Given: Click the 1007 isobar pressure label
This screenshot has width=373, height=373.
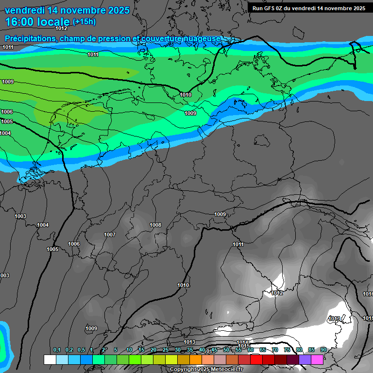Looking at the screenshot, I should (x=110, y=235).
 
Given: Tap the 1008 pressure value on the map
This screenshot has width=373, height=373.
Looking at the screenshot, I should (x=155, y=225).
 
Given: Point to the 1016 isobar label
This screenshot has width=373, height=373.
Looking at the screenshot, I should (x=368, y=294).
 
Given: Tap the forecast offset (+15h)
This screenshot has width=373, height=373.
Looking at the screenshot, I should (x=84, y=22).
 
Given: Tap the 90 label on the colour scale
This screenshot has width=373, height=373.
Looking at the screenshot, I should (x=323, y=350).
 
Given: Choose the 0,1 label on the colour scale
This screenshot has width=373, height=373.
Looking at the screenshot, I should (x=57, y=350).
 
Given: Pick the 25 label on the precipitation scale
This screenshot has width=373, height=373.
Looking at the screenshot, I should (x=165, y=350).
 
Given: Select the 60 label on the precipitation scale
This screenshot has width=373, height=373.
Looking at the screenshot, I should (x=250, y=350).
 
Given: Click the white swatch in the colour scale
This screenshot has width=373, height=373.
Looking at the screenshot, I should (x=50, y=359).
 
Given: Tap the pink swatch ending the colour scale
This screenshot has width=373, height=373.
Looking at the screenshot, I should (x=317, y=359).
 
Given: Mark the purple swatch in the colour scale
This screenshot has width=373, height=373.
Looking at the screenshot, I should (x=305, y=359).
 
